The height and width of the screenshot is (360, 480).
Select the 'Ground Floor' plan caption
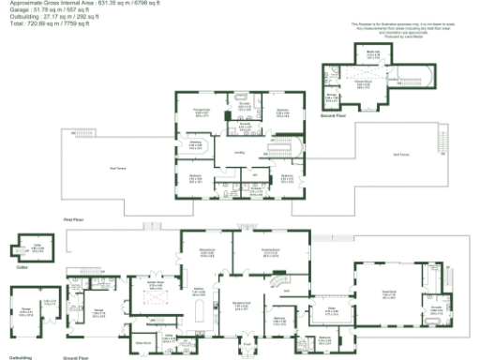click(x=75, y=357)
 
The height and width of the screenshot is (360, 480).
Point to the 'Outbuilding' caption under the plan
click(x=22, y=357)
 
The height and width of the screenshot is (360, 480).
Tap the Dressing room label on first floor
click(x=195, y=143)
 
